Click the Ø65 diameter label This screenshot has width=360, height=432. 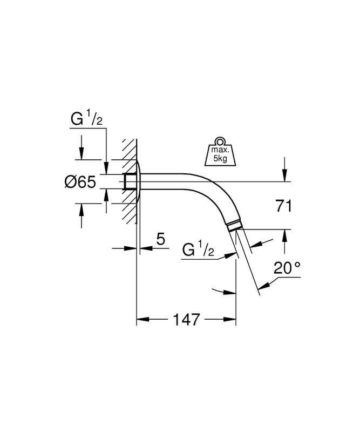point(80,182)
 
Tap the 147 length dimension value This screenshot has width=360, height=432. point(186,320)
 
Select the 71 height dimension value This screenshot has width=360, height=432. point(283,206)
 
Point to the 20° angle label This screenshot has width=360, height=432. point(287,268)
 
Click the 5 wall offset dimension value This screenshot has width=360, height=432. point(161,239)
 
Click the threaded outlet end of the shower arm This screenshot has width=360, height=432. point(235,225)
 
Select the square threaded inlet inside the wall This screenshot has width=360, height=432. point(130,181)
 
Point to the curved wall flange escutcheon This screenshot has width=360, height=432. point(139,181)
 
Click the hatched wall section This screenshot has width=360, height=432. point(130,181)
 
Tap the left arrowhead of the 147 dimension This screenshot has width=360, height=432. point(142,319)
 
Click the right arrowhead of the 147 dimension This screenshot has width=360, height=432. point(230,319)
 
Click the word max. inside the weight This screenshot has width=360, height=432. point(220,150)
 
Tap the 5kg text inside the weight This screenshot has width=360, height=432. point(220,159)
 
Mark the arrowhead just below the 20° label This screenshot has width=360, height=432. point(263,286)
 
